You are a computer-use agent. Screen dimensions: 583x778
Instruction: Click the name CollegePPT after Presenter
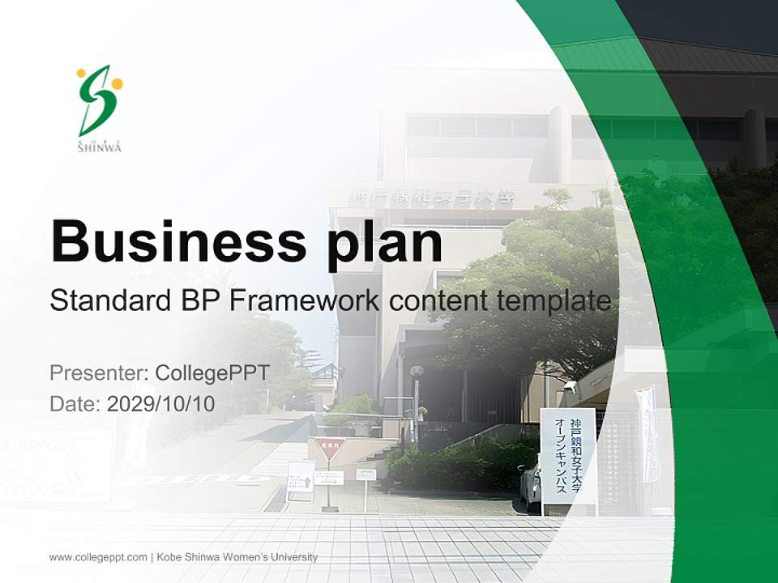tap(212, 373)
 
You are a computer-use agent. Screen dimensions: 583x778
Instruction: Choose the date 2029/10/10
tap(160, 404)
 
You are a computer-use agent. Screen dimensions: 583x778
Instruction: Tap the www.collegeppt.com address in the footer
tap(98, 557)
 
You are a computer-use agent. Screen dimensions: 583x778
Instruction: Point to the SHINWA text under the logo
tap(99, 147)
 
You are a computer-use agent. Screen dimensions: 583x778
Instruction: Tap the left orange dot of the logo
tap(81, 73)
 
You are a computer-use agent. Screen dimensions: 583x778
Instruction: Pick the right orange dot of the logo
tap(118, 83)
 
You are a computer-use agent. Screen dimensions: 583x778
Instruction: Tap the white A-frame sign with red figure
tap(301, 479)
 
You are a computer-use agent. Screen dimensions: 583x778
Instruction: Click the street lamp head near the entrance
tap(417, 372)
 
